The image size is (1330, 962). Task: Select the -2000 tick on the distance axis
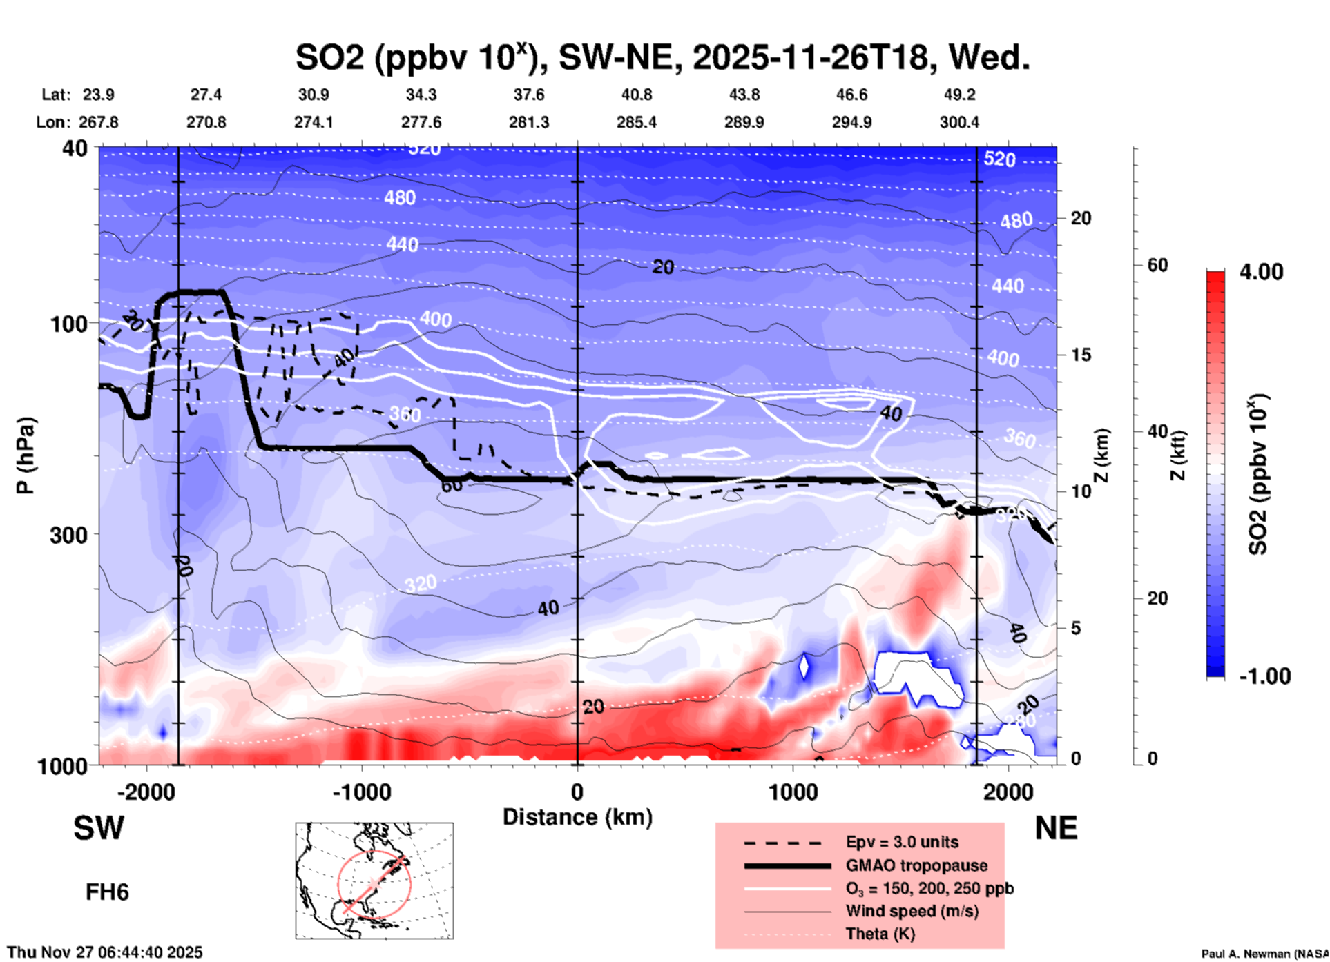pos(146,792)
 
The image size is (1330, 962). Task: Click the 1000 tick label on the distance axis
pos(793,792)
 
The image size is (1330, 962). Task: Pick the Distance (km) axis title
pos(577,817)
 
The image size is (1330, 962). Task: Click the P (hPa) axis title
pos(26,455)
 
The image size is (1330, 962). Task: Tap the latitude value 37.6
pos(529,95)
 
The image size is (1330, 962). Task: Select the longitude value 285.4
pos(636,122)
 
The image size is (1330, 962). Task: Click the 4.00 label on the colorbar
pos(1261,271)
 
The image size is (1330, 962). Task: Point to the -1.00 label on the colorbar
pos(1264,676)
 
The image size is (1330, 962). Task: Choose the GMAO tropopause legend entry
pos(916,865)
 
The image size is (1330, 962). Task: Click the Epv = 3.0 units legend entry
pos(902,842)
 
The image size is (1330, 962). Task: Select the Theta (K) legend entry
pos(880,934)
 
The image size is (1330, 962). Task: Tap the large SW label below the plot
pos(99,828)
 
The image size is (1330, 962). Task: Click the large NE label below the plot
pos(1056,828)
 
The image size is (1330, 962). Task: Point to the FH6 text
pos(107,892)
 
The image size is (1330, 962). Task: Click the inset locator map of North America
pos(374,881)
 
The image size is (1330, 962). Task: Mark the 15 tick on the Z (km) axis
pos(1081,355)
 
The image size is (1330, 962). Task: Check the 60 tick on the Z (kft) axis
pos(1157,265)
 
